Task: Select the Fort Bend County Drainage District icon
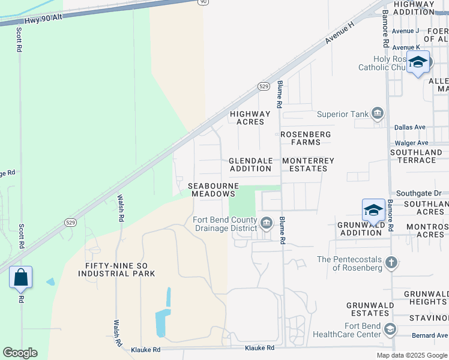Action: click(x=266, y=223)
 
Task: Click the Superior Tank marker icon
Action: click(x=378, y=114)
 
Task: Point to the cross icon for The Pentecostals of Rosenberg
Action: click(x=391, y=262)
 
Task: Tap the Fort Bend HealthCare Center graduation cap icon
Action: click(x=391, y=329)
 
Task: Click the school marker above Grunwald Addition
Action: click(x=373, y=211)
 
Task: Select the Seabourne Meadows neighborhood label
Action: click(x=214, y=190)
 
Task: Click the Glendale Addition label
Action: click(x=251, y=164)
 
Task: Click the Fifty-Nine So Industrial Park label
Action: click(x=116, y=269)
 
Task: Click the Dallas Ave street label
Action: click(x=410, y=127)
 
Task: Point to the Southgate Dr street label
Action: click(x=418, y=193)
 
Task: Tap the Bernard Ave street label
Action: click(x=430, y=335)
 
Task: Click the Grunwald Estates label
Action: click(x=370, y=309)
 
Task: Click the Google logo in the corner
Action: click(x=20, y=353)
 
